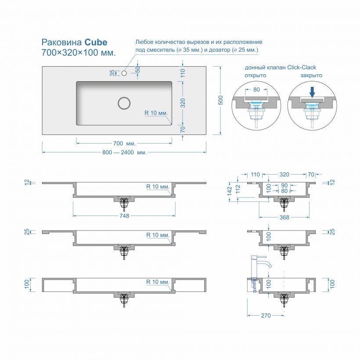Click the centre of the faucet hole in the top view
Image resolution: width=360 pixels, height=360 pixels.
coord(124,73)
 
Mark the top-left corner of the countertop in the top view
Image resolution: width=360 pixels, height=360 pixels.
coord(42,67)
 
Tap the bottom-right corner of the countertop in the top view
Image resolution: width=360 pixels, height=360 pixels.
coord(206,134)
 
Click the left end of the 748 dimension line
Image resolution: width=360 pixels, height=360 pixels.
coord(73,216)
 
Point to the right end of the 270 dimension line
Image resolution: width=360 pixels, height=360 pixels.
coord(284,316)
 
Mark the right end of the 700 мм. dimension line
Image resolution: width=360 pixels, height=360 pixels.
coord(172,143)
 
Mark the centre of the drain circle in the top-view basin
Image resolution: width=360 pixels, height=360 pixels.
coord(124,103)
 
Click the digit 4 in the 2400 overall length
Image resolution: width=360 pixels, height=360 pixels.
coord(124,152)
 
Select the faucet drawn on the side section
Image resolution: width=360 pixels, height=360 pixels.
coord(259,274)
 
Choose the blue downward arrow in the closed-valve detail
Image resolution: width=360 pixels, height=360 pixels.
coord(312,92)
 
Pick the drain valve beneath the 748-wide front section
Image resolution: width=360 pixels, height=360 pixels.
coord(124,203)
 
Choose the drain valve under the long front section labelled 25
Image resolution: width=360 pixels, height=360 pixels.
coord(124,252)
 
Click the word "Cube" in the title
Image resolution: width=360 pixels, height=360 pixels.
coord(96,42)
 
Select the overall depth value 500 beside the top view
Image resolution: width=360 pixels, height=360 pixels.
coord(220,101)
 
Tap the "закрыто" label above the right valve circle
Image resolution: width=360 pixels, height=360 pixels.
coord(311,76)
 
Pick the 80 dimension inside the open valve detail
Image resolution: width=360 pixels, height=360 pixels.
coord(256,90)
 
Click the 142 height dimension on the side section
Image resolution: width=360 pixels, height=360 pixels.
coord(230,191)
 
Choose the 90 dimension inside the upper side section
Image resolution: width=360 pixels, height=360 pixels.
coord(284,186)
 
